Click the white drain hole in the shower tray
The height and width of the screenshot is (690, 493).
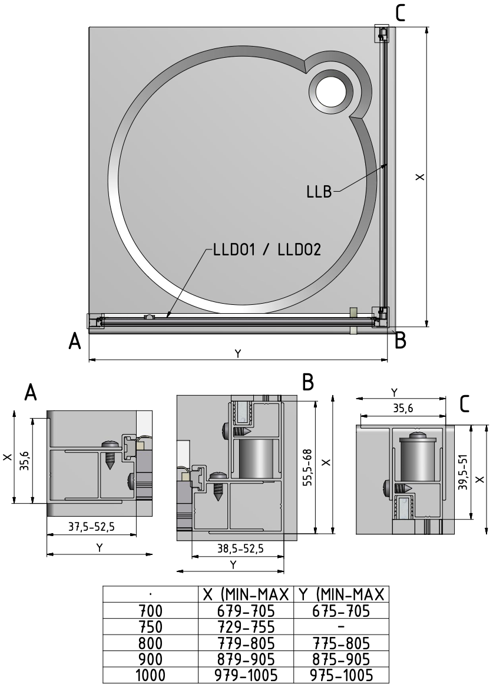[332, 92]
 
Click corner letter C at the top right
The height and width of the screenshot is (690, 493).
[400, 12]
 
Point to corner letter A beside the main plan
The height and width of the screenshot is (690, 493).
[75, 341]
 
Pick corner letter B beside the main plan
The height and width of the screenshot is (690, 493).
[400, 341]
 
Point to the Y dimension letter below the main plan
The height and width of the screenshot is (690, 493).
[237, 353]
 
